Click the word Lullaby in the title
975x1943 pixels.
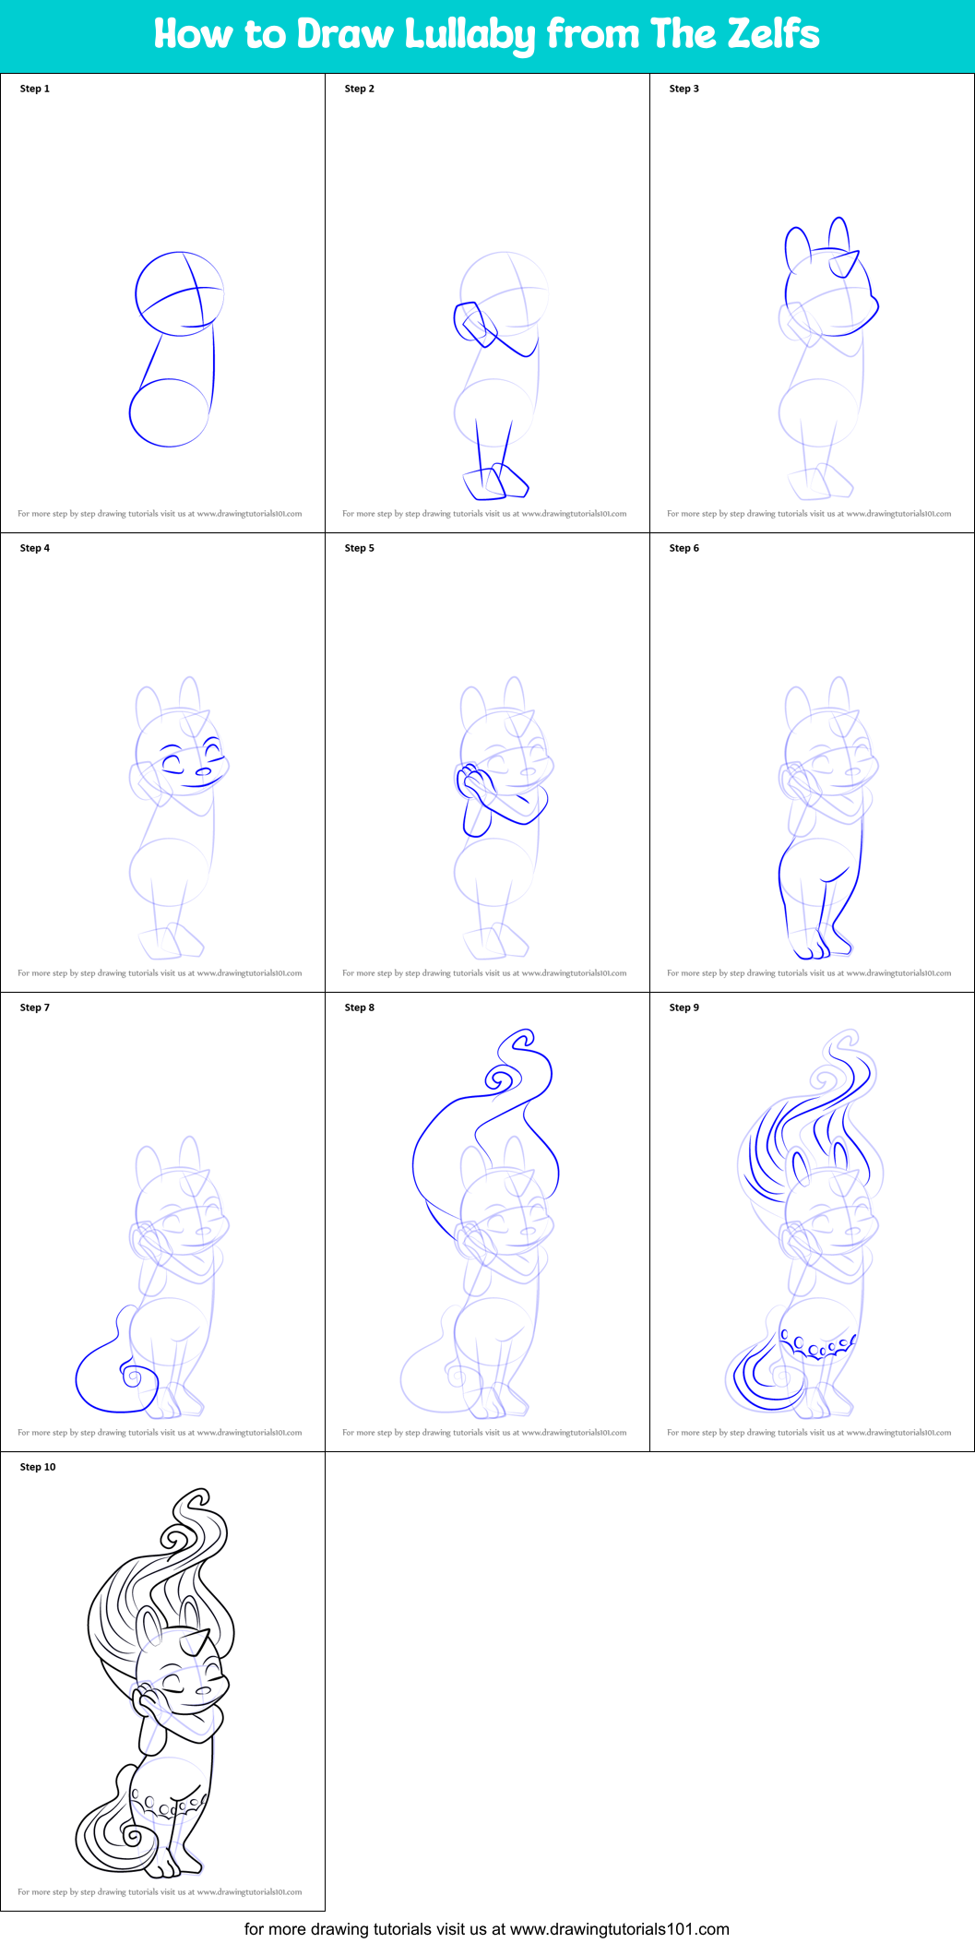pyautogui.click(x=470, y=35)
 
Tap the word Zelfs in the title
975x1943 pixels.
pyautogui.click(x=773, y=34)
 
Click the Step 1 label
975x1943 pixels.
pyautogui.click(x=35, y=89)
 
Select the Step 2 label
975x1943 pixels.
pyautogui.click(x=360, y=89)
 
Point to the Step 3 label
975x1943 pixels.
pyautogui.click(x=684, y=89)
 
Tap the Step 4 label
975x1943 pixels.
pyautogui.click(x=35, y=548)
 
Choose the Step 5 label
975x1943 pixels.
pyautogui.click(x=360, y=548)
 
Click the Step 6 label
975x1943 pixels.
pyautogui.click(x=684, y=548)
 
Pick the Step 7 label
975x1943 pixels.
pyautogui.click(x=35, y=1007)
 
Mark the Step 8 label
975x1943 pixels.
pyautogui.click(x=360, y=1007)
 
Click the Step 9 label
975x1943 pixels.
pyautogui.click(x=684, y=1007)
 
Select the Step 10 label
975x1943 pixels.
pyautogui.click(x=38, y=1467)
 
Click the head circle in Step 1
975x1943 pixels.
pyautogui.click(x=180, y=293)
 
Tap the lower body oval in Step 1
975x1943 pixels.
pyautogui.click(x=169, y=412)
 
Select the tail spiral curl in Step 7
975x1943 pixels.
pyautogui.click(x=133, y=1378)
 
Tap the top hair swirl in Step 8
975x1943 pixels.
pyautogui.click(x=504, y=1076)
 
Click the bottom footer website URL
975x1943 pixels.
pyautogui.click(x=619, y=1928)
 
